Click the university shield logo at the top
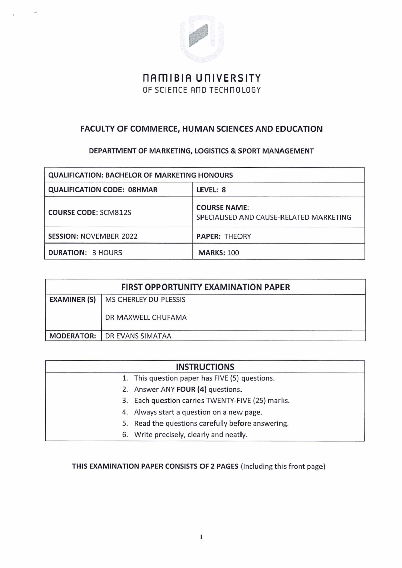pos(201,38)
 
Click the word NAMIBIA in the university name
pos(170,78)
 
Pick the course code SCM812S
pos(114,212)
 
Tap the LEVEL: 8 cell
pos(211,190)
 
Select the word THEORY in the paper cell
pos(237,236)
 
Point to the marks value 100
pos(233,252)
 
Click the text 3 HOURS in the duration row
pos(107,252)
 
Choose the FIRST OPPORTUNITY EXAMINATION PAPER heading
pos(205,287)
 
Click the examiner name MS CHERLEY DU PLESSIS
pos(145,300)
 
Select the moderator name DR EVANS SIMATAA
pos(138,335)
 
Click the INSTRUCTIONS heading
pos(205,367)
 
